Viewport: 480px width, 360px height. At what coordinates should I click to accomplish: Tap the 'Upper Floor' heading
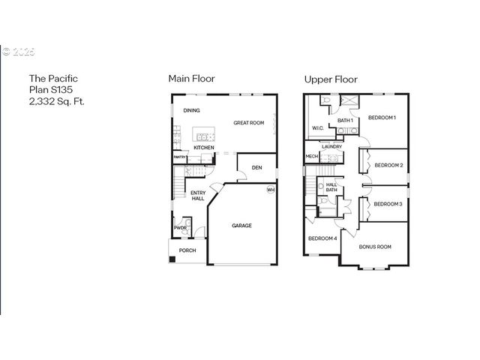pos(330,78)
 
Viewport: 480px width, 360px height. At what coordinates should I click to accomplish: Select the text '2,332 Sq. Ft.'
pos(56,100)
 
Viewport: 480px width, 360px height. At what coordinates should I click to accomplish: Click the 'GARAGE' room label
pos(241,225)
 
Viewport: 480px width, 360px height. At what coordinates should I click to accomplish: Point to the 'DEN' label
pos(256,167)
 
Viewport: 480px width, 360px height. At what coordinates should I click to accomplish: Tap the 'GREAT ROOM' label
pos(248,122)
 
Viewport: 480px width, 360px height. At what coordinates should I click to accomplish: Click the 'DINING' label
pos(191,111)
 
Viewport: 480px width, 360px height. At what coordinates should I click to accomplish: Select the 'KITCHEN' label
pos(203,148)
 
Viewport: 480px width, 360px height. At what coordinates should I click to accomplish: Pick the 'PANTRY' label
pos(180,157)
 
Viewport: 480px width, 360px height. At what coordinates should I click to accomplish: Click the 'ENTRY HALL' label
pos(198,196)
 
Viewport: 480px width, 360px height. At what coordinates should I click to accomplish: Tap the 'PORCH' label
pos(187,250)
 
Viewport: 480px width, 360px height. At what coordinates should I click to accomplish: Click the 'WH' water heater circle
pos(270,190)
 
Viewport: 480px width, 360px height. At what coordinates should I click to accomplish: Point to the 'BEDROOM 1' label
pos(382,118)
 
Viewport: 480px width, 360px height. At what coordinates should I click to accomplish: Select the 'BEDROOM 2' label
pos(388,165)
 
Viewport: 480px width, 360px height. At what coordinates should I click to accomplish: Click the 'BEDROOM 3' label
pos(388,204)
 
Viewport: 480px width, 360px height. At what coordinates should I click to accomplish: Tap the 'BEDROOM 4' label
pos(322,238)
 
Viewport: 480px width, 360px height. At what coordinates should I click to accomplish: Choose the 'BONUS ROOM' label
pos(375,247)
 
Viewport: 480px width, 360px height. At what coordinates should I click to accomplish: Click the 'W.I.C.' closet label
pos(317,128)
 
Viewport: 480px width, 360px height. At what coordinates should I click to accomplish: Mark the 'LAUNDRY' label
pos(332,146)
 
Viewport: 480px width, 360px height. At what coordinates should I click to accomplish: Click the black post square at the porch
pos(172,259)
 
